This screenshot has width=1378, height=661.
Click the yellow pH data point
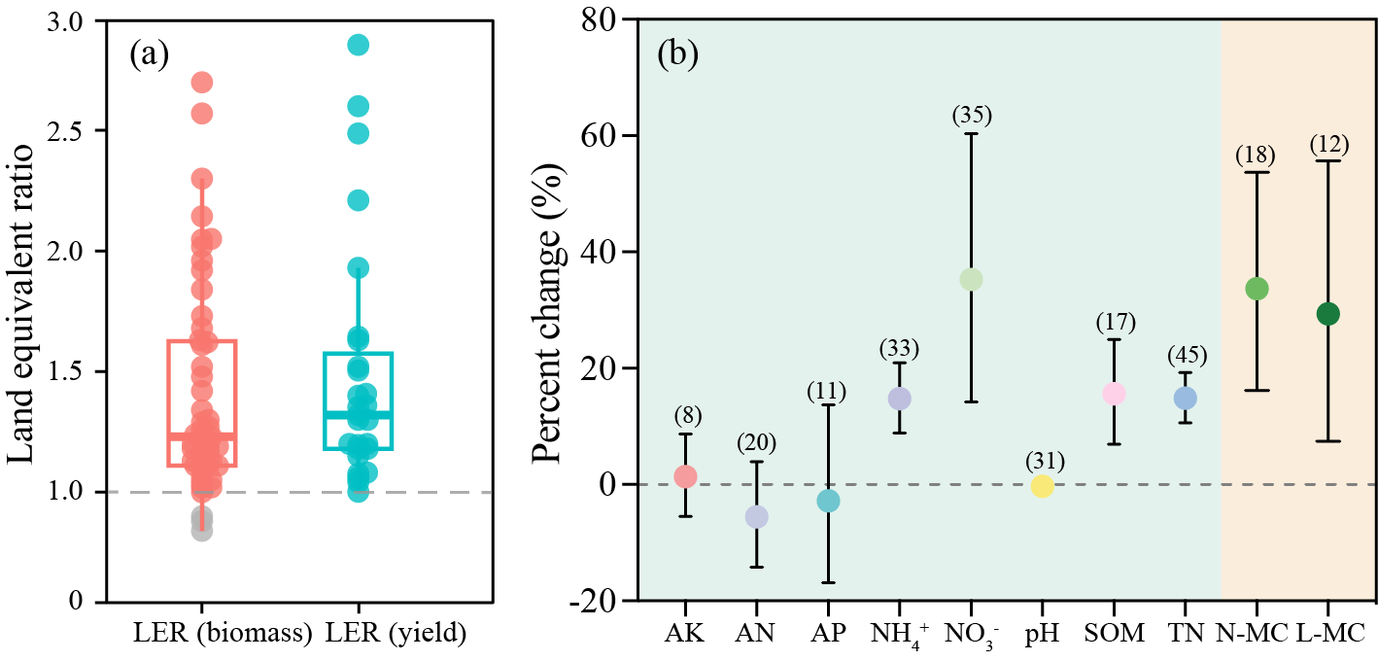1042,486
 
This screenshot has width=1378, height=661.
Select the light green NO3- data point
971,279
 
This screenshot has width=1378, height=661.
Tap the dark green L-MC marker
1327,313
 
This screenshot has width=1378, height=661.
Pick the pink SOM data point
1114,394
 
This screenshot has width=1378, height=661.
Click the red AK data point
685,476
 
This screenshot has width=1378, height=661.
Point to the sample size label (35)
971,115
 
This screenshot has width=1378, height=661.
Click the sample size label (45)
1185,356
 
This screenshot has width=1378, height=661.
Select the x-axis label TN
1185,633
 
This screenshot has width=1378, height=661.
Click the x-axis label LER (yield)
396,633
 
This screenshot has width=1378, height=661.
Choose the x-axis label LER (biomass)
223,633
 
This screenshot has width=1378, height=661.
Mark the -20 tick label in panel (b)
596,601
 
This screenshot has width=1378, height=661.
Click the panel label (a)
149,54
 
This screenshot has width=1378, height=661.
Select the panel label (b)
677,54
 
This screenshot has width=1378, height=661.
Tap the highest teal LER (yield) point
358,45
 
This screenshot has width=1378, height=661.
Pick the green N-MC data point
1257,289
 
